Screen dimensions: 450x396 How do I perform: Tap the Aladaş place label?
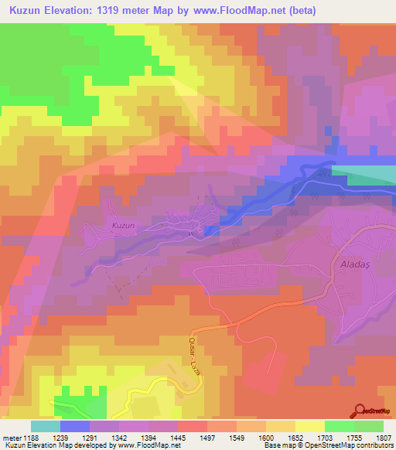click(357, 264)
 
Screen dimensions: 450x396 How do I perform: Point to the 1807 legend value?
click(383, 437)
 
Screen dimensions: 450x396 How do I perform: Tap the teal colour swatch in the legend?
click(45, 426)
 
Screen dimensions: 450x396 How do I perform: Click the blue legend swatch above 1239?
click(75, 426)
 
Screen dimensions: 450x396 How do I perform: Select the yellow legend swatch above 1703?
click(309, 426)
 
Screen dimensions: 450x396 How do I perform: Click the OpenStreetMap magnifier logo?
click(360, 411)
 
